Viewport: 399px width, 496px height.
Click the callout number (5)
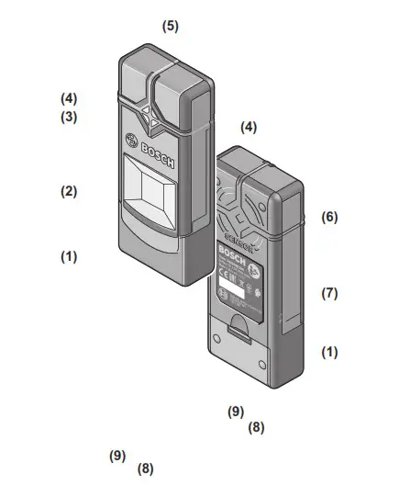(171, 26)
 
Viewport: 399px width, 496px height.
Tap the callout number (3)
(69, 118)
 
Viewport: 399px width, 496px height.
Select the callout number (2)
(69, 192)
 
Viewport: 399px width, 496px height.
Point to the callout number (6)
(329, 218)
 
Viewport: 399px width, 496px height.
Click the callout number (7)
(329, 294)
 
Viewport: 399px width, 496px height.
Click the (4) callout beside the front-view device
(69, 97)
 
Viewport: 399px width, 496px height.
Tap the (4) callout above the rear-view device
(248, 128)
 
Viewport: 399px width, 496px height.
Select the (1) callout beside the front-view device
(69, 257)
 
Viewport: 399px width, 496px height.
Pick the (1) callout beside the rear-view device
(329, 353)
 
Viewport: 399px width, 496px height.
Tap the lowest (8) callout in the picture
(145, 468)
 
